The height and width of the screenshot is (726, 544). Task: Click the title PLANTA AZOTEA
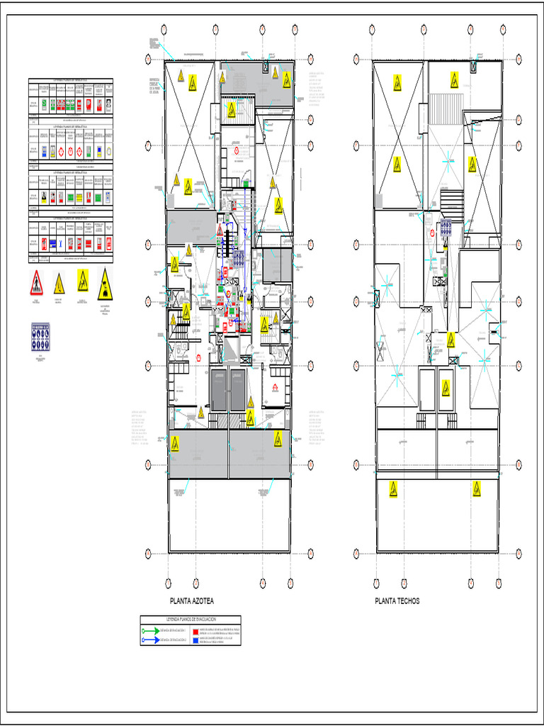(x=191, y=601)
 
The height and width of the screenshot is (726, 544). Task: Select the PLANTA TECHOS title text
(x=397, y=601)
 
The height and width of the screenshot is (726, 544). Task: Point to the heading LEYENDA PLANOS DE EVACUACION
(x=191, y=620)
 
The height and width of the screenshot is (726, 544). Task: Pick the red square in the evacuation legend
(x=195, y=630)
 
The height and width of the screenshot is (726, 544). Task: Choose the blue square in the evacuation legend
(x=195, y=640)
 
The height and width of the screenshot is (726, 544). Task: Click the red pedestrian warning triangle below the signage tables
(x=36, y=284)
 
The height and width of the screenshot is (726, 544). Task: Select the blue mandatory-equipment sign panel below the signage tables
(x=40, y=335)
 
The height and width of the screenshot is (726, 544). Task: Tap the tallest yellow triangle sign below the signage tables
(x=105, y=283)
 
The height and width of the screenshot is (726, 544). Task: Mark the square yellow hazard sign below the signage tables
(x=83, y=280)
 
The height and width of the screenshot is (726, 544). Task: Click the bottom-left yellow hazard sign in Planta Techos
(x=393, y=489)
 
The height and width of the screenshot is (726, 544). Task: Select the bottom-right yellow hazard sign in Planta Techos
(x=477, y=488)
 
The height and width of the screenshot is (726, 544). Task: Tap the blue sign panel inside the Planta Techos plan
(x=446, y=227)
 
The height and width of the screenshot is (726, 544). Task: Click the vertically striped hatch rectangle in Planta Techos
(x=446, y=101)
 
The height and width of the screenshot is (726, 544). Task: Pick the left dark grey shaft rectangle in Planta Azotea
(x=217, y=389)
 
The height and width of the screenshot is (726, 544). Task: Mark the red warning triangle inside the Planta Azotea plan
(x=220, y=231)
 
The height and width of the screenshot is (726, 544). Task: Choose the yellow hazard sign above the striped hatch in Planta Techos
(x=454, y=79)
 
